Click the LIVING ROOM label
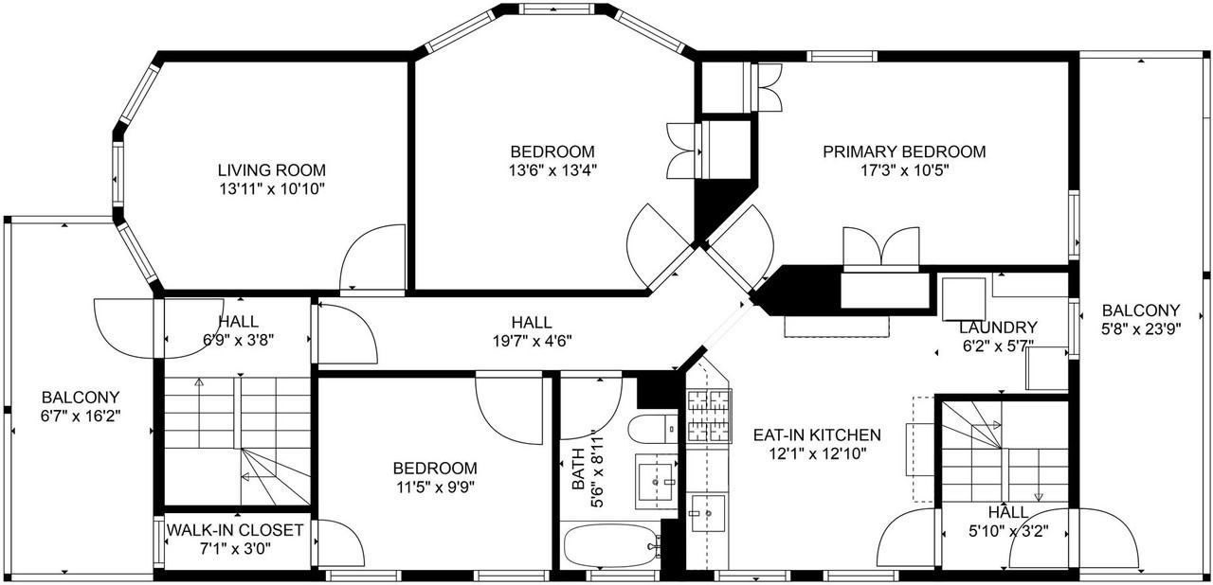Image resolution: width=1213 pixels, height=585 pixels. tap(271, 170)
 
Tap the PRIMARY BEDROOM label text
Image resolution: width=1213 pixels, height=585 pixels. tap(903, 151)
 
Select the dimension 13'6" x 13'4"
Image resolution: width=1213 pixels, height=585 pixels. tap(552, 170)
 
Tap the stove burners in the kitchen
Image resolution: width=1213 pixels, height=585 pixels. tap(708, 417)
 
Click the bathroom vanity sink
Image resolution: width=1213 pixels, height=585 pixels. tap(657, 481)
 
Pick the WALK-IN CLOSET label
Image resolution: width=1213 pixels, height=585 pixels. tap(235, 530)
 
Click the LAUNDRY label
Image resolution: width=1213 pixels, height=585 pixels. tap(998, 328)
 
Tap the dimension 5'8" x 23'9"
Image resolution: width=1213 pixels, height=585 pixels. tap(1141, 329)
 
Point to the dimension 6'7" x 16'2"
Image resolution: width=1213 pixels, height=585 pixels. tap(81, 416)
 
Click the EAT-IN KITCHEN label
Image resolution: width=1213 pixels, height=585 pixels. tap(817, 435)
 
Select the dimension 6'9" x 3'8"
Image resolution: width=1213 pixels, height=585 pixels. tap(231, 341)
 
